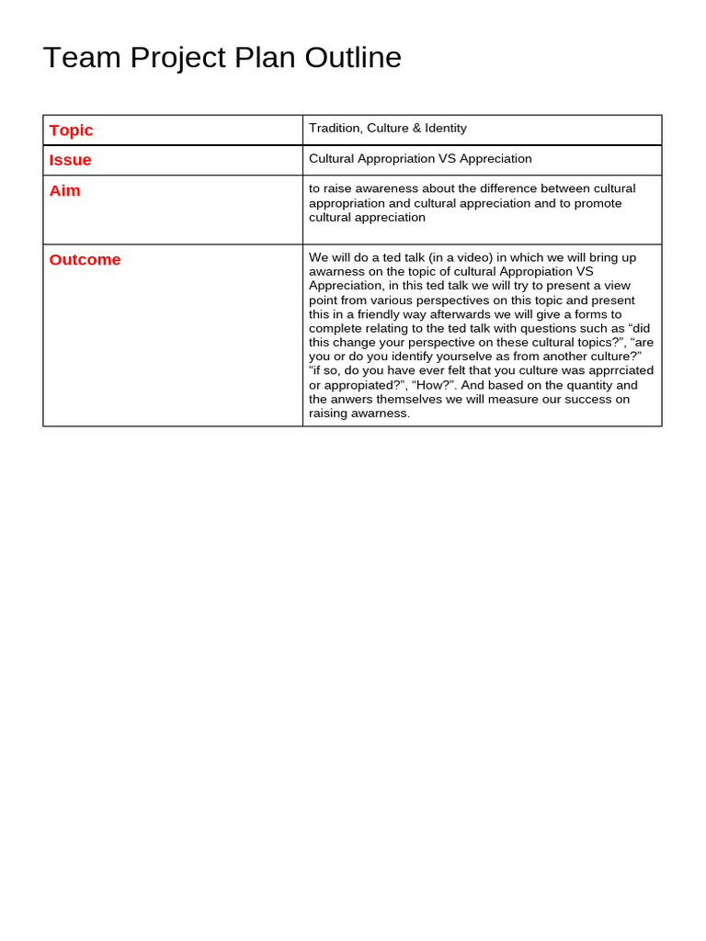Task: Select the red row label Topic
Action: tap(71, 130)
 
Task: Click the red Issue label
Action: tap(70, 160)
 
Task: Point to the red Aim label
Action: tap(64, 190)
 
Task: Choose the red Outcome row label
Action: tap(85, 259)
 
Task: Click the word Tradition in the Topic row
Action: tap(335, 129)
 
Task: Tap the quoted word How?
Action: tap(430, 385)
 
